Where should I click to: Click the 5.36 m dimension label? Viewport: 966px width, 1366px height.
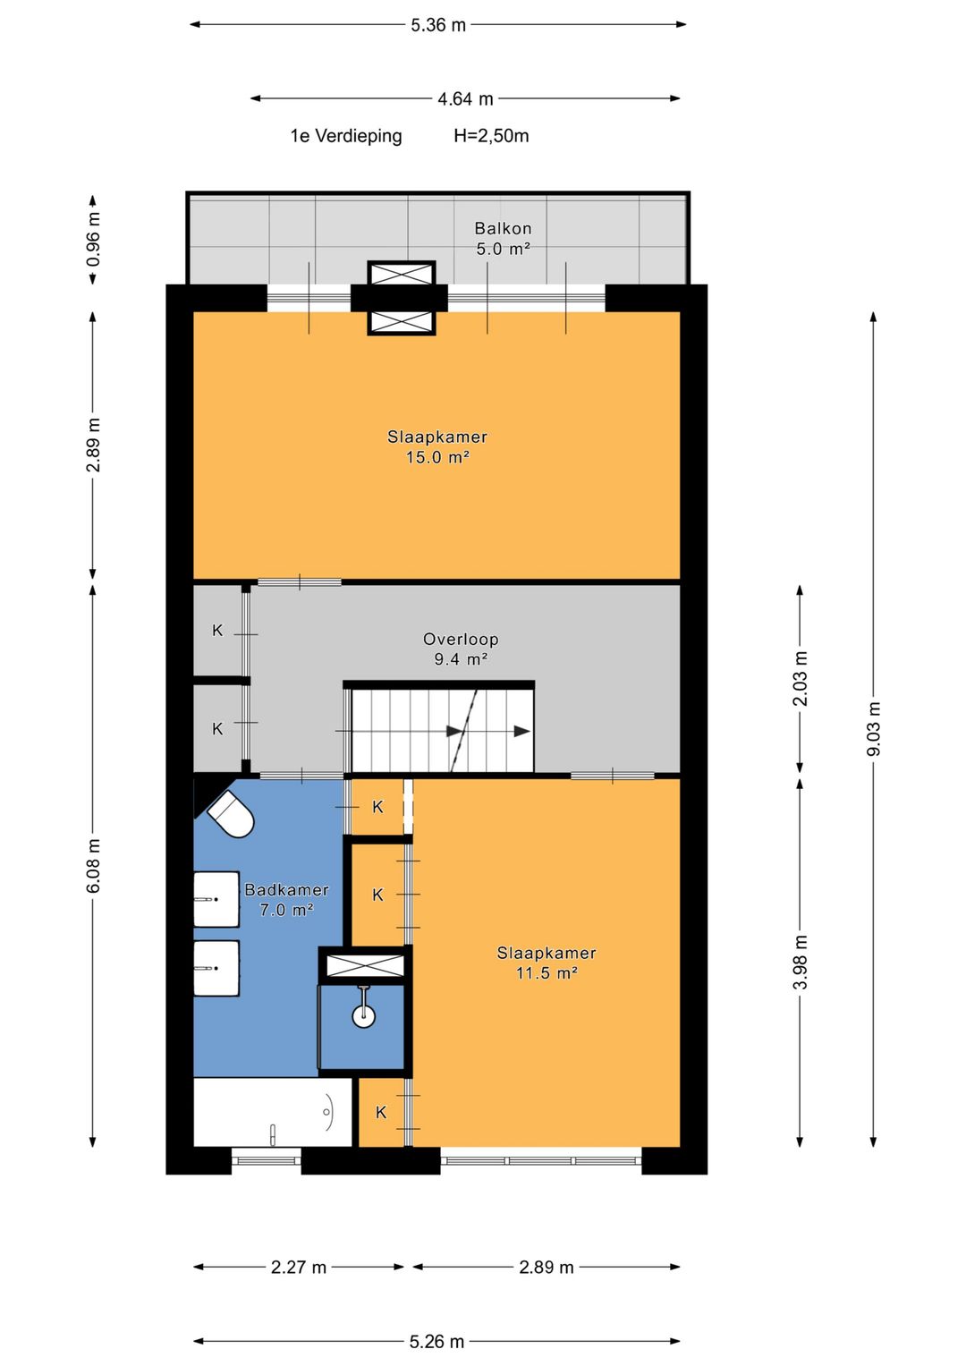[x=438, y=25]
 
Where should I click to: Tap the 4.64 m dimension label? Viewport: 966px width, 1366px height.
[x=465, y=98]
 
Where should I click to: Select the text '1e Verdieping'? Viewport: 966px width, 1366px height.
[x=346, y=136]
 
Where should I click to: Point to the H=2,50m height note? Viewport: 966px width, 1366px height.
[x=491, y=136]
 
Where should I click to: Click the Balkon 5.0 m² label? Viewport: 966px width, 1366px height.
[x=503, y=239]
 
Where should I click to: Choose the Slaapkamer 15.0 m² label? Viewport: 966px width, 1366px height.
[x=437, y=447]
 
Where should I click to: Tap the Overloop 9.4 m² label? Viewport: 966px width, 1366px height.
[x=461, y=649]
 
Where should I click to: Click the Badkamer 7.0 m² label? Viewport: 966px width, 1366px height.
[x=286, y=900]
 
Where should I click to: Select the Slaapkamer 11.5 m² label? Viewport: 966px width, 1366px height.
[x=547, y=963]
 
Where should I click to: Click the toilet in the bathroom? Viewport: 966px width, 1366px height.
[x=232, y=815]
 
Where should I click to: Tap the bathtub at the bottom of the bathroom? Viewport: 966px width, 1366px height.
[x=273, y=1113]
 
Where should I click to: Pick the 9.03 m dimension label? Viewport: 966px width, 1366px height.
[x=874, y=729]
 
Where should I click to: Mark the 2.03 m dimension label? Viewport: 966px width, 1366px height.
[x=800, y=679]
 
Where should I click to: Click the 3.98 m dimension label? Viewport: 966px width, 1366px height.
[x=800, y=963]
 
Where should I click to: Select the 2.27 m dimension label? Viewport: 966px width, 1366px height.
[x=299, y=1268]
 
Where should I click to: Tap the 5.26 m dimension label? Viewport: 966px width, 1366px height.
[x=436, y=1342]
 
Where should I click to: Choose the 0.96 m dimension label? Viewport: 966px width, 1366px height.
[x=93, y=239]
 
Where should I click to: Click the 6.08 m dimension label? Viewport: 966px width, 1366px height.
[x=93, y=866]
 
